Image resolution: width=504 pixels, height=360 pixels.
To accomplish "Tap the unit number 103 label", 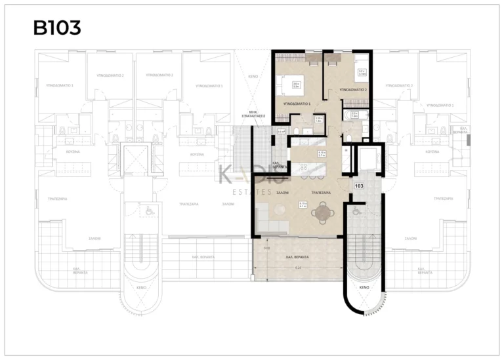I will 359,186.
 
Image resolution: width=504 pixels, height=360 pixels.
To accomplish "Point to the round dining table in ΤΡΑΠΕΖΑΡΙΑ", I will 322,212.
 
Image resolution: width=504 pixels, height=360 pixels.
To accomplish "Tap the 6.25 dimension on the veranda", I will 298,268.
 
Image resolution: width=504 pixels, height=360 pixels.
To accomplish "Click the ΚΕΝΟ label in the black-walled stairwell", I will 364,287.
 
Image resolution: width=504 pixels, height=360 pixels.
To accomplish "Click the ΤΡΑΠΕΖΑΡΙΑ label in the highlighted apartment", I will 322,193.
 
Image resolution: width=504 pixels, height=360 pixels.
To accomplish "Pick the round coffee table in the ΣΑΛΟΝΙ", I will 280,209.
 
